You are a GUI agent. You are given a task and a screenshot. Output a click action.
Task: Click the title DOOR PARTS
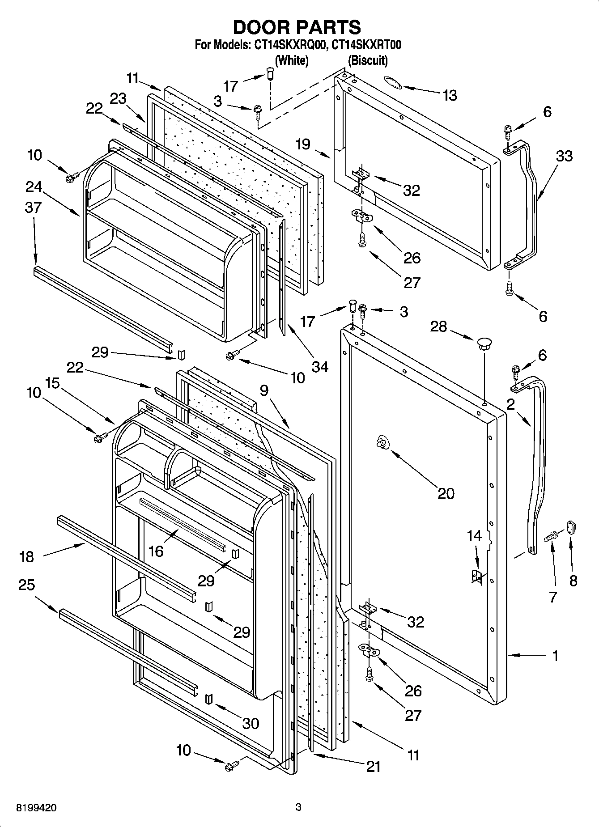[x=297, y=27]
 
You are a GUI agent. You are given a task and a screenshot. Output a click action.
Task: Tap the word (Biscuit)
[x=368, y=60]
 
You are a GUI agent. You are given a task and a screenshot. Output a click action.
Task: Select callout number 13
[x=450, y=95]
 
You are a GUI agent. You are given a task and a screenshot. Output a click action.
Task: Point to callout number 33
[x=564, y=156]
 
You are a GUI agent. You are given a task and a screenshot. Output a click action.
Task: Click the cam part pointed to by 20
[x=382, y=442]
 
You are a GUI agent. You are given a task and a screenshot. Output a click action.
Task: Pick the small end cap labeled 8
[x=572, y=527]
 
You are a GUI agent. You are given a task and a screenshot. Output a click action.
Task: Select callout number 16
[x=156, y=551]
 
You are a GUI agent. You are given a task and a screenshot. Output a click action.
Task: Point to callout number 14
[x=475, y=535]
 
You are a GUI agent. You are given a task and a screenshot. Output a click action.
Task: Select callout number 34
[x=320, y=367]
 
